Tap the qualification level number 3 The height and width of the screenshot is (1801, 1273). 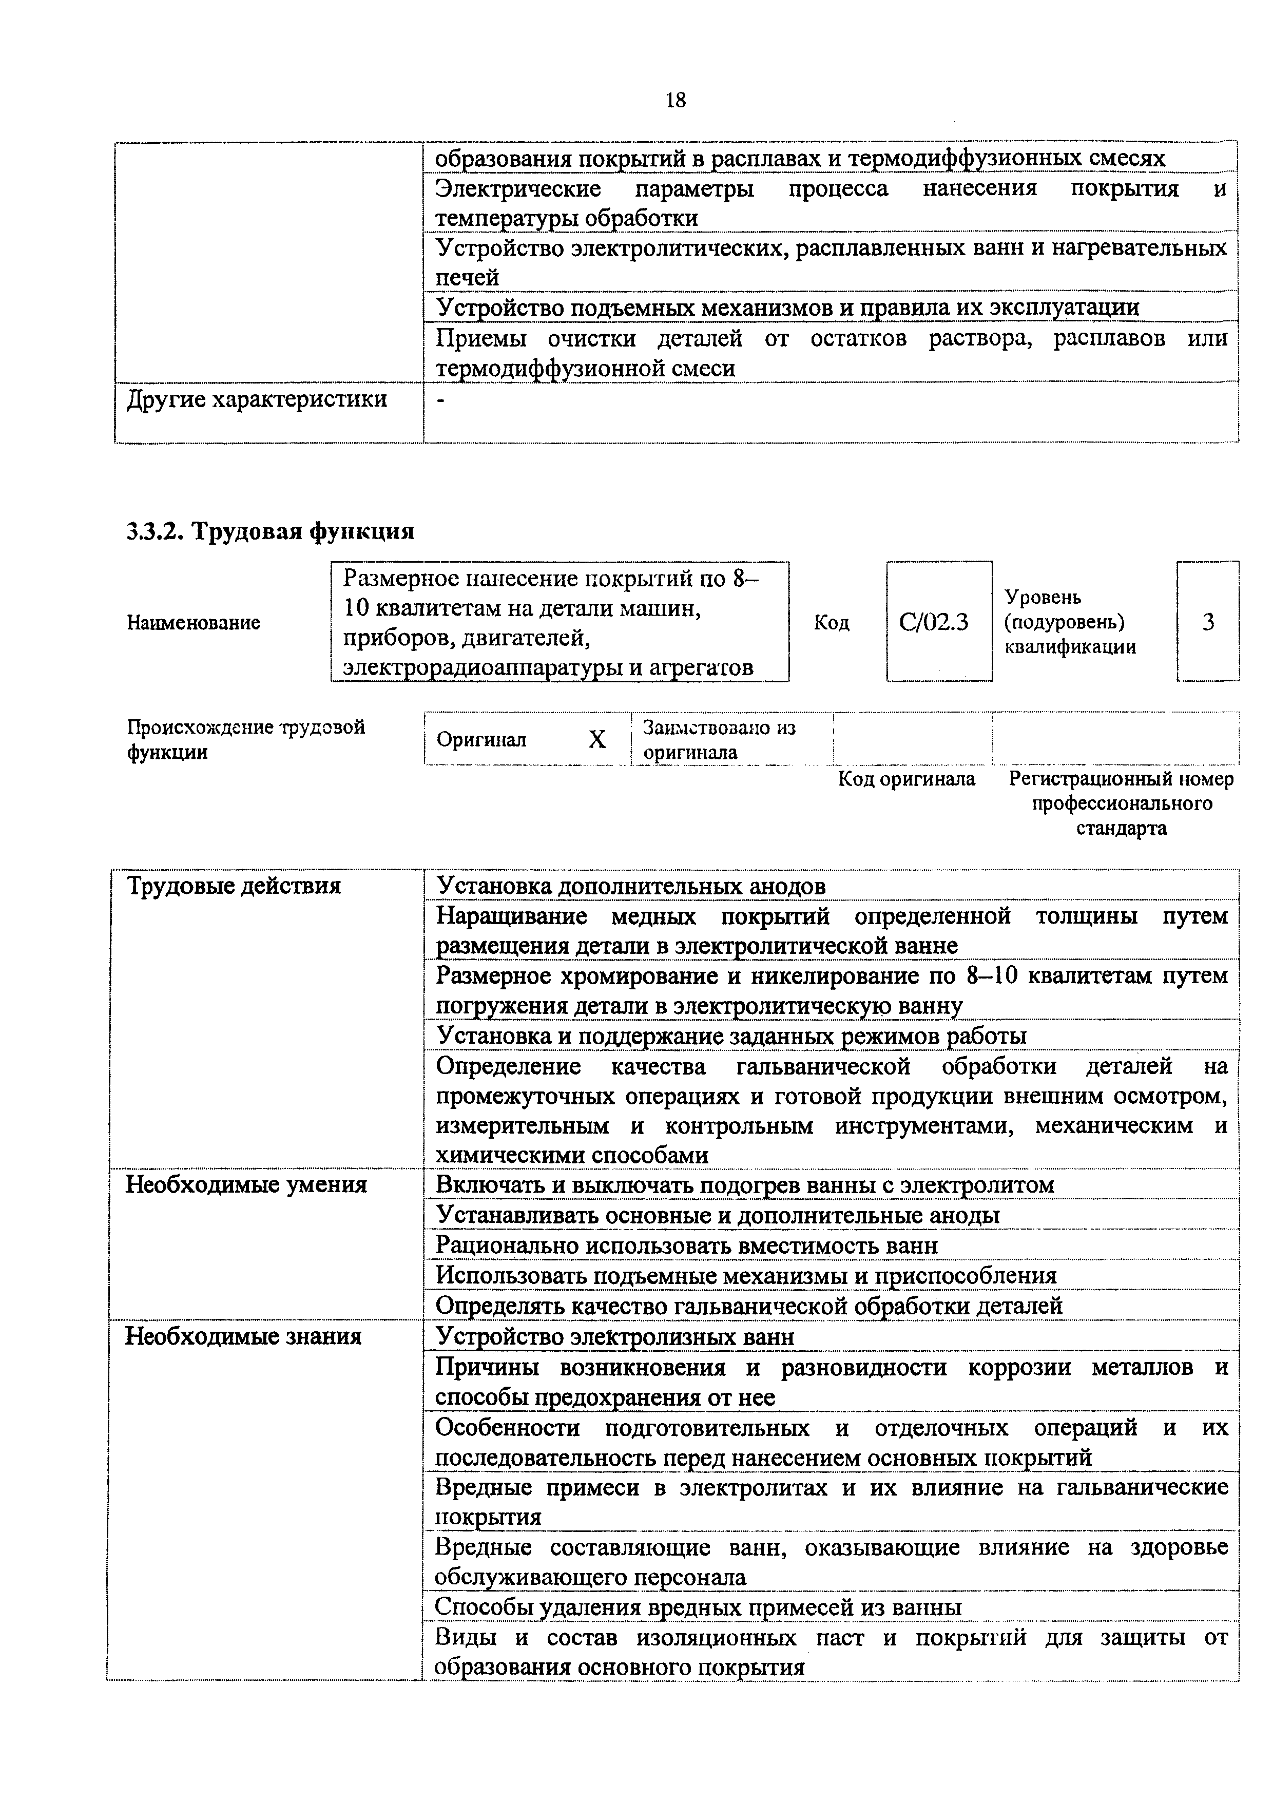click(1208, 622)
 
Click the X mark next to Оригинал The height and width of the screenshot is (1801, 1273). click(597, 739)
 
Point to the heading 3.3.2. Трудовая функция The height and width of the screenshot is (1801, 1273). click(271, 532)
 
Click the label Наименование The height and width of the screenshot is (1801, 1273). click(193, 623)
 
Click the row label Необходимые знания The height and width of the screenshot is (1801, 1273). click(243, 1336)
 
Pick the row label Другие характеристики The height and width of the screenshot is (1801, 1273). click(257, 399)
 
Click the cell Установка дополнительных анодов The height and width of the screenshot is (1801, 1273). click(631, 886)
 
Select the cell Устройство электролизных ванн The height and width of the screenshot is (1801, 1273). click(615, 1336)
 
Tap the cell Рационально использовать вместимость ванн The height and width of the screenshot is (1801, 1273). click(686, 1246)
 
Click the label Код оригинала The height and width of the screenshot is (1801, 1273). click(906, 779)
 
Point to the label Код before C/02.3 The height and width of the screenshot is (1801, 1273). click(832, 623)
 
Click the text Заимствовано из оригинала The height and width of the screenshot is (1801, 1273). click(719, 740)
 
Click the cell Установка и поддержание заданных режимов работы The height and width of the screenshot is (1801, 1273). click(731, 1036)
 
